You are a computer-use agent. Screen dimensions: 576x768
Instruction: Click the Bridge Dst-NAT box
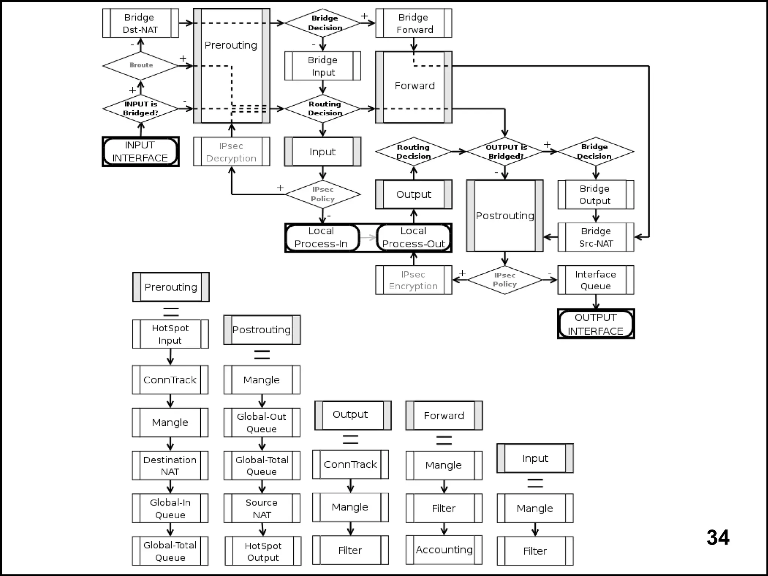tap(140, 23)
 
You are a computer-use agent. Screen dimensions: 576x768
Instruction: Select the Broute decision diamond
tap(141, 66)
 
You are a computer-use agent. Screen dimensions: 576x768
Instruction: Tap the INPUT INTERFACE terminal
tap(141, 151)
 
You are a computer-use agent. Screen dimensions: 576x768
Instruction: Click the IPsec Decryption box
tap(231, 152)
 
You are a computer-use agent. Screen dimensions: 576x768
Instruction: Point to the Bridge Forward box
tap(414, 23)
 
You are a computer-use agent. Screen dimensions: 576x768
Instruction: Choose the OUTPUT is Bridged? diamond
tap(505, 152)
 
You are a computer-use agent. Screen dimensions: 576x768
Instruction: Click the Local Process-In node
tap(322, 238)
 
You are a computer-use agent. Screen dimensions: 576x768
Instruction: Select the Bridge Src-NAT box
tap(595, 237)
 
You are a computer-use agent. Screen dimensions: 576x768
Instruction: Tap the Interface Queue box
tap(595, 280)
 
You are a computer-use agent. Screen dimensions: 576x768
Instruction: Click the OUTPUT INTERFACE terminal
tap(595, 324)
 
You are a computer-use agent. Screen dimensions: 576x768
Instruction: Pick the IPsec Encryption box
tap(414, 280)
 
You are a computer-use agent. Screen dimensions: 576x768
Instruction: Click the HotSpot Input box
tap(170, 334)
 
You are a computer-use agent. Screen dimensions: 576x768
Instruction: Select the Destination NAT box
tap(170, 465)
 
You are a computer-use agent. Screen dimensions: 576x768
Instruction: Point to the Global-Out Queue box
tap(262, 423)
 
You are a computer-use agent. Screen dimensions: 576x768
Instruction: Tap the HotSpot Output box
tap(263, 551)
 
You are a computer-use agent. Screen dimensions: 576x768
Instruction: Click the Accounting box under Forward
tap(444, 550)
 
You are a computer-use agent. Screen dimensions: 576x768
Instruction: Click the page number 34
tap(718, 537)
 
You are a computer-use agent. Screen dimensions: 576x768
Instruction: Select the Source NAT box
tap(262, 509)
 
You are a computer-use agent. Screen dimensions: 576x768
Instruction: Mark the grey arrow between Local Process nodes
tap(368, 238)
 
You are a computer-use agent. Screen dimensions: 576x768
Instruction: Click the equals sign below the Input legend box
tap(535, 483)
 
